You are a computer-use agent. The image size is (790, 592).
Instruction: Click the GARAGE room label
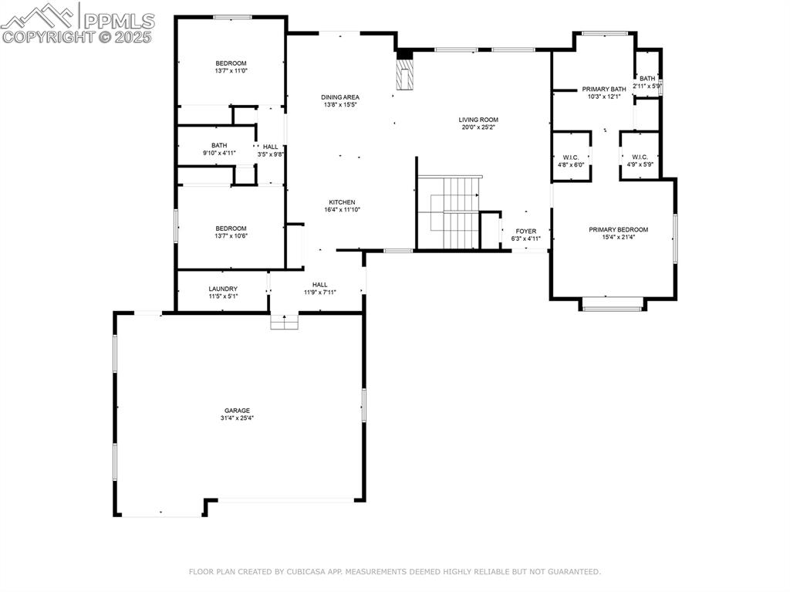coord(235,411)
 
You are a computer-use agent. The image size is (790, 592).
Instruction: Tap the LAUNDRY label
coord(223,289)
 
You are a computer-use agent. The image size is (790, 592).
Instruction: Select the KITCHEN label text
coord(342,202)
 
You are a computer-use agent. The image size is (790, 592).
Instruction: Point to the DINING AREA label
coord(340,97)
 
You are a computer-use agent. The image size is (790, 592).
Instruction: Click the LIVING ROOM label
coord(478,120)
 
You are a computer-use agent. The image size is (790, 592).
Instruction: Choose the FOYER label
coord(526,231)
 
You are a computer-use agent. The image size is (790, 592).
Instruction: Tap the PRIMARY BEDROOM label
coord(618,229)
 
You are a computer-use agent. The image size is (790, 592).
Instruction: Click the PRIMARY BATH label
coord(604,89)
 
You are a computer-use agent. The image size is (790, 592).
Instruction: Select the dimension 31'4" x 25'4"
coord(236,418)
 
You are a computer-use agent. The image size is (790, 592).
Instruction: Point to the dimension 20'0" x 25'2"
coord(478,127)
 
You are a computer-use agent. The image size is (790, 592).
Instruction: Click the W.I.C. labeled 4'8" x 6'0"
coord(571,157)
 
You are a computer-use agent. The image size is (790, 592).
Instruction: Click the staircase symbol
coord(448,212)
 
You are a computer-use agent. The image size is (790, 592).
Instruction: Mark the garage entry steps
coord(284,322)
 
